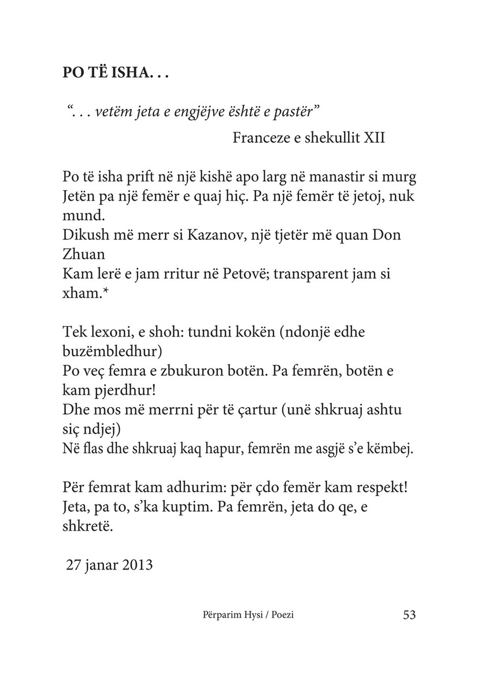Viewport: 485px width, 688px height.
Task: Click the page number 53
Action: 409,615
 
